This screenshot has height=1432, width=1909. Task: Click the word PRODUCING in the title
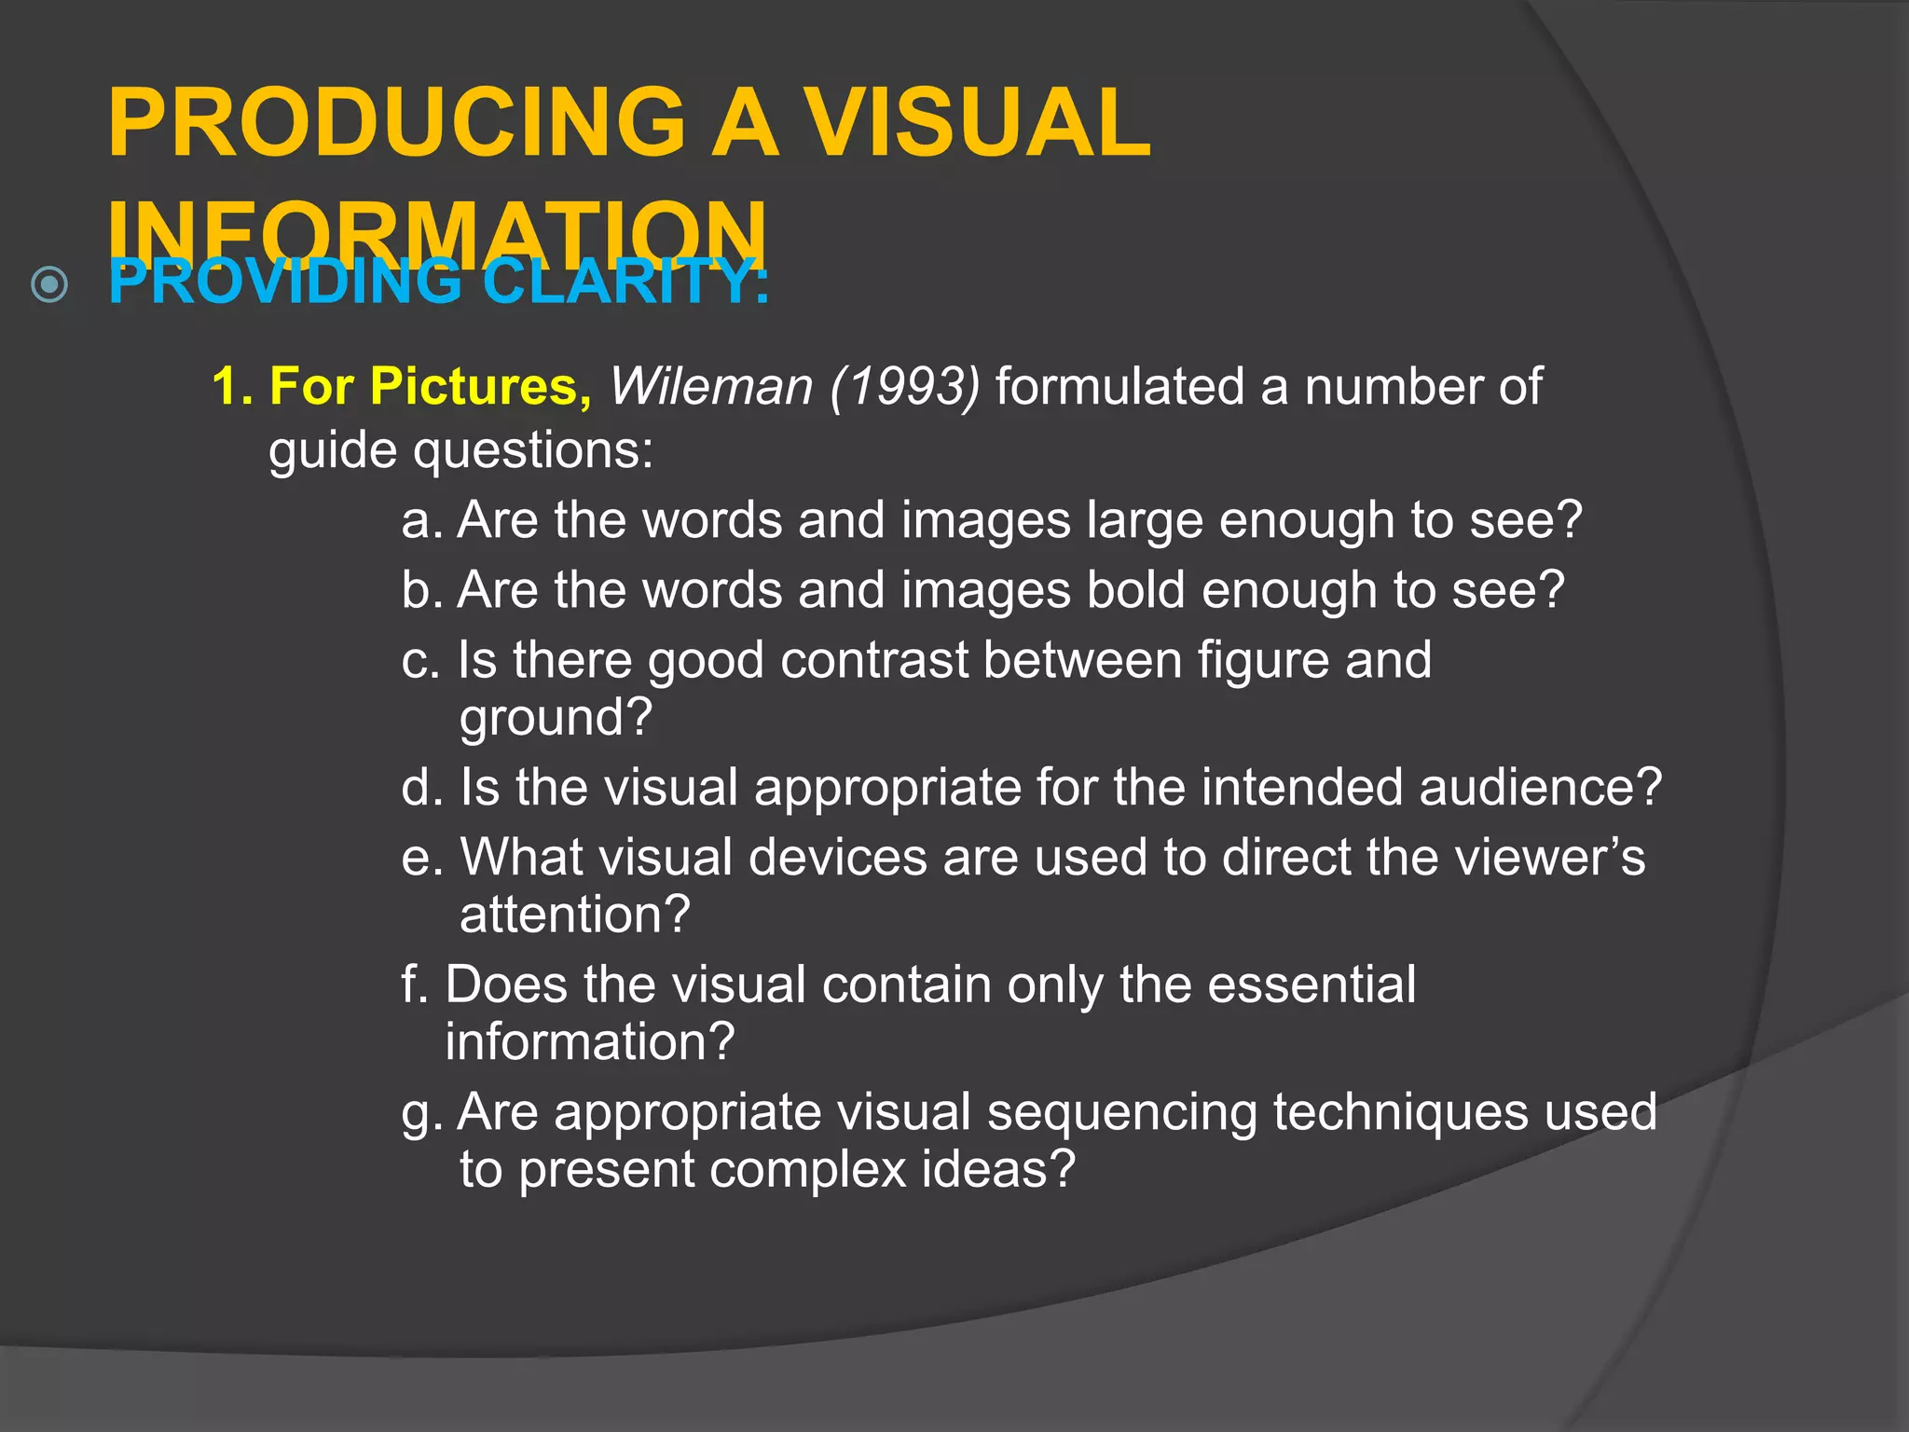[397, 123]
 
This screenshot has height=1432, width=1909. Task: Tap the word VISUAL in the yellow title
[978, 123]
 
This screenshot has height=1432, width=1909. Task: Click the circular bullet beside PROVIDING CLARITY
[49, 284]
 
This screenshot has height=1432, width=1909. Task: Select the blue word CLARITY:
[626, 282]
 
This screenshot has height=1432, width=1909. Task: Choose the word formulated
[1119, 386]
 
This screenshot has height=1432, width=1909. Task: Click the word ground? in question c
[556, 718]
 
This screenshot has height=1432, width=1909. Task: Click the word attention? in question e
[574, 915]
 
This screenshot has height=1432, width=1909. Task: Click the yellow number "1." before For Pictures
[232, 386]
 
